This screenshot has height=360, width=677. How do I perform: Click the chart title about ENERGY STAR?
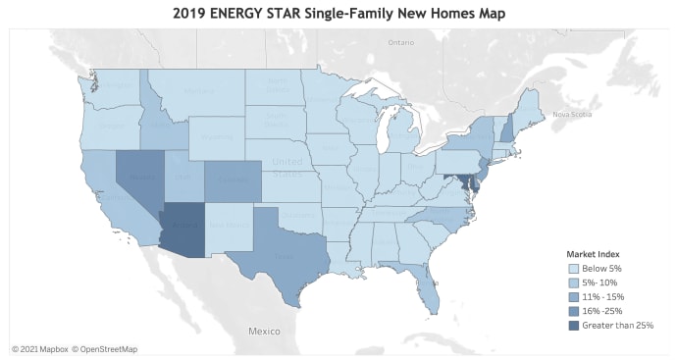[338, 13]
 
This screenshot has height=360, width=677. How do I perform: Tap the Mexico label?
[264, 332]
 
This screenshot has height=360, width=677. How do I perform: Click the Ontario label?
[400, 43]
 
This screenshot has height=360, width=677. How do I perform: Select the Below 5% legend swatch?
[574, 268]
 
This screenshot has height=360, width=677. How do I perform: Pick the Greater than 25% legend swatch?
[574, 324]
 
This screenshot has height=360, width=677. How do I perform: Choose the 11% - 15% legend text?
[602, 296]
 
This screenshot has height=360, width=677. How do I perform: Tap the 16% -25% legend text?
[602, 310]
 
